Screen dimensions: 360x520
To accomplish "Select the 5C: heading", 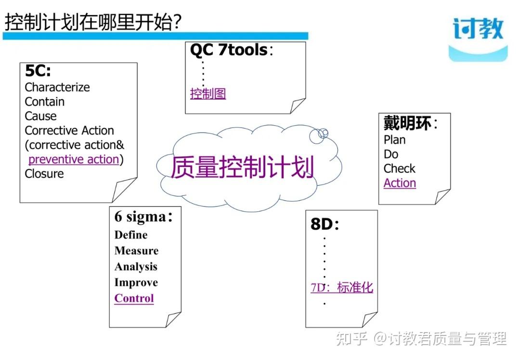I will point(38,71).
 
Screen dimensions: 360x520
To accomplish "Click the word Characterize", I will point(57,87).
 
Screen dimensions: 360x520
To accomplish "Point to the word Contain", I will point(44,102).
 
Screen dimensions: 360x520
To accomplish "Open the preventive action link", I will point(74,159).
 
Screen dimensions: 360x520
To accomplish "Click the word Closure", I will point(44,174).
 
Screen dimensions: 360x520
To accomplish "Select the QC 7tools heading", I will point(229,50).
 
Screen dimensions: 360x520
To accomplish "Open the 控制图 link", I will point(208,93).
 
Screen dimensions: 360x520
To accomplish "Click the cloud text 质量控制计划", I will point(242,167).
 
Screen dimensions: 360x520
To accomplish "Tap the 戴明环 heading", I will point(407,123).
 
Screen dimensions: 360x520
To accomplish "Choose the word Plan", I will point(394,140).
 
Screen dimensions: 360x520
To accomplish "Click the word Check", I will point(399,168).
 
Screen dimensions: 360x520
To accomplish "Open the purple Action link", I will point(400,183).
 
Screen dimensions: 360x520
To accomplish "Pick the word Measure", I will point(136,251).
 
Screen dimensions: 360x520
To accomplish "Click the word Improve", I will point(136,283).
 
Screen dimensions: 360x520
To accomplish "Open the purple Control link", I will point(134,298).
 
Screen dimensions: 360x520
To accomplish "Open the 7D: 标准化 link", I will point(342,288).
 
